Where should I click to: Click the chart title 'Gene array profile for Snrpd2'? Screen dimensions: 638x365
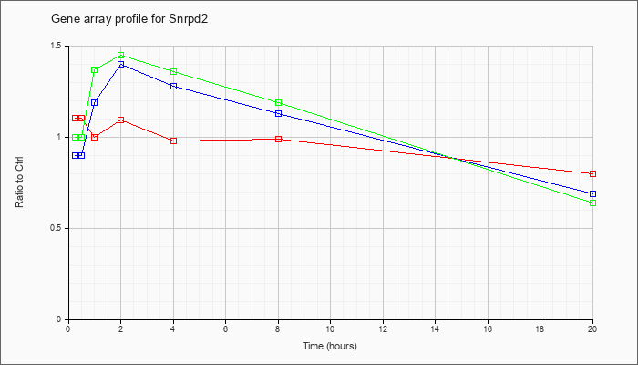[x=129, y=19]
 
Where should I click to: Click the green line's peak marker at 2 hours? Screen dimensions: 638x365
[x=121, y=55]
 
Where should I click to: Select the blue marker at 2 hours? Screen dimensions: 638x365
[x=121, y=65]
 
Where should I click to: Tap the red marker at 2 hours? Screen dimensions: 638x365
[x=121, y=120]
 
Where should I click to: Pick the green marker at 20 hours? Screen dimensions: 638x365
[x=592, y=203]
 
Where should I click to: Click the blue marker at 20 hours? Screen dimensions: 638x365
[x=592, y=193]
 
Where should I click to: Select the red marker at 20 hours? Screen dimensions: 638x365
[x=592, y=173]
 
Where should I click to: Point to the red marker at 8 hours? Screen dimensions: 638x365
[x=278, y=139]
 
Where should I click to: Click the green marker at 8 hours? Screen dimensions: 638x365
[x=278, y=102]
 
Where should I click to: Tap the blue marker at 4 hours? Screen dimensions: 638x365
[x=173, y=87]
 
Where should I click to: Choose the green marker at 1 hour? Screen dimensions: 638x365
[x=95, y=69]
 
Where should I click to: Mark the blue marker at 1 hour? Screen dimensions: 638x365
[x=95, y=102]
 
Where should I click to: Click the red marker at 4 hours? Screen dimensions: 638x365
[x=173, y=141]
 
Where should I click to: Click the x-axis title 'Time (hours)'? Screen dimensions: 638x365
[x=330, y=346]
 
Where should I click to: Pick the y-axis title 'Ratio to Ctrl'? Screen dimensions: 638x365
[x=19, y=182]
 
